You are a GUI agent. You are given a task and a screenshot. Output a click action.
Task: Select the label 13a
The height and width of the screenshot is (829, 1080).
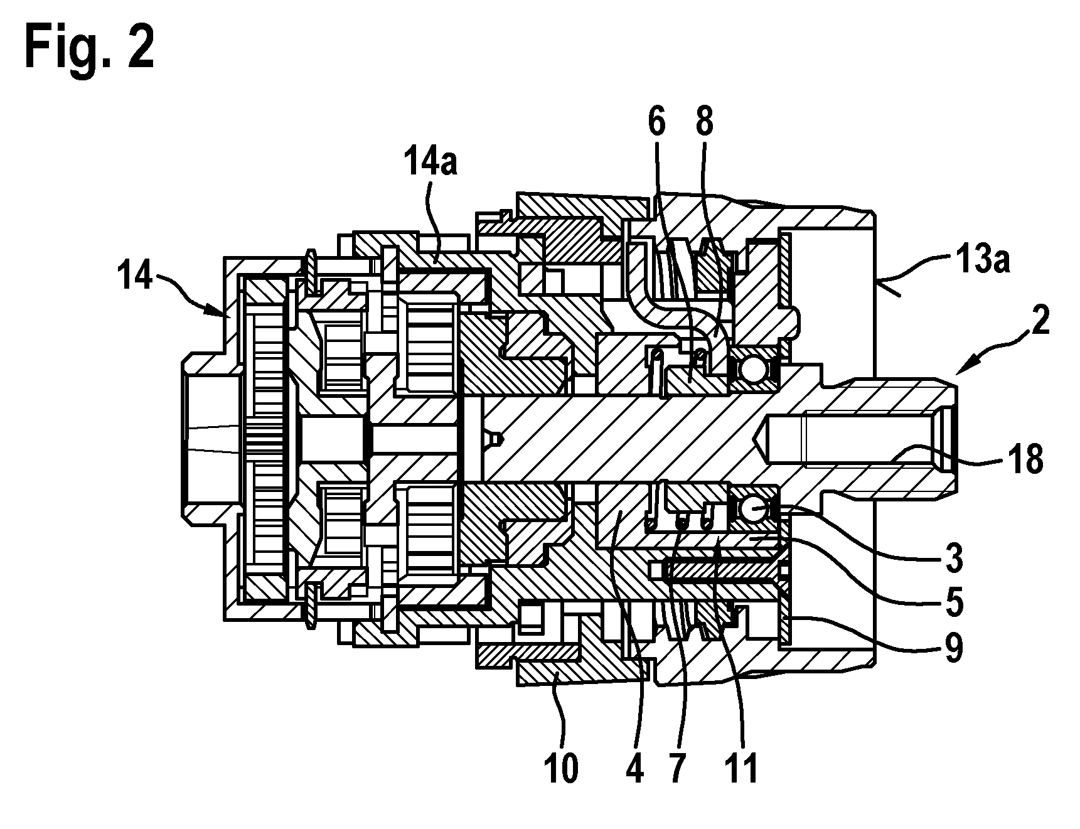(x=983, y=258)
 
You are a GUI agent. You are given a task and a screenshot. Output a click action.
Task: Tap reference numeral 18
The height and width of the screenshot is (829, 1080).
(x=1025, y=460)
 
